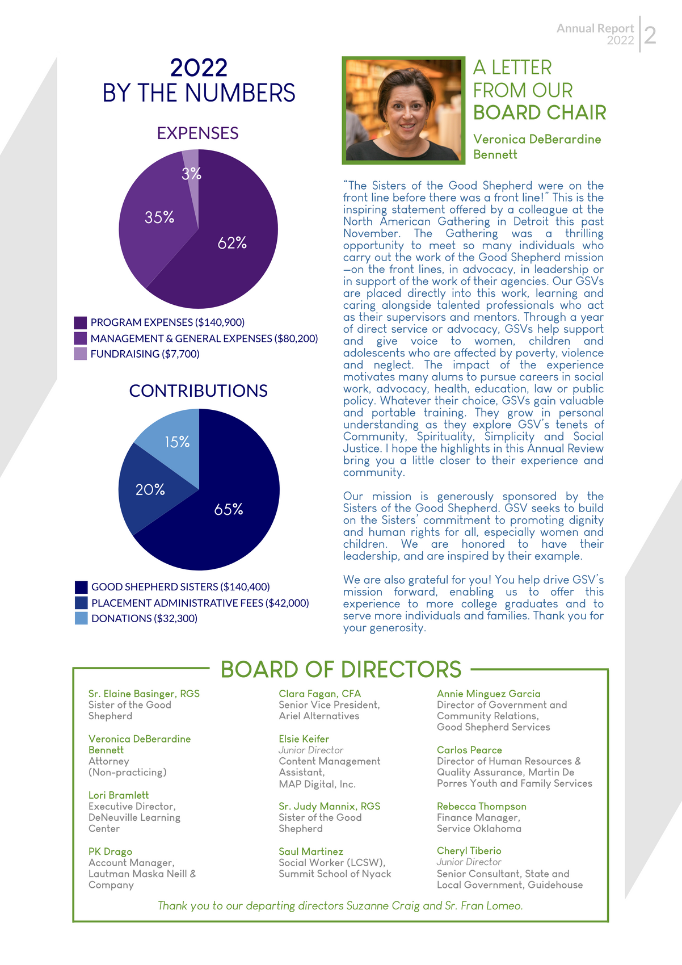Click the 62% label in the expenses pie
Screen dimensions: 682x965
tap(232, 243)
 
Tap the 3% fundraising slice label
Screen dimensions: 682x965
tap(191, 174)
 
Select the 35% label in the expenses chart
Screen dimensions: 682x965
tap(159, 217)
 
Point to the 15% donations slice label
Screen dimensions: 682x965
tap(177, 442)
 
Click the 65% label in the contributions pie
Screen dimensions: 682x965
tap(229, 510)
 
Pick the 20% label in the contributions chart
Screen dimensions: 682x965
tap(150, 489)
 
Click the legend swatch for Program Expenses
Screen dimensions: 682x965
tap(81, 323)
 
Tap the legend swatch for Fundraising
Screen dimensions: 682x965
tap(81, 354)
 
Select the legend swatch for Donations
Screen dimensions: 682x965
tap(81, 619)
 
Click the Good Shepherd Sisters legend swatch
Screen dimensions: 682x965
tap(81, 587)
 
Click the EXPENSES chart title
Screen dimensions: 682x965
tap(197, 133)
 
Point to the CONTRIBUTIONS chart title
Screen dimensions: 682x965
tap(198, 391)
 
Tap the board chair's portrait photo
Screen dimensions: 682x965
tap(403, 110)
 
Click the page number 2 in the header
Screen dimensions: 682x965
tap(650, 35)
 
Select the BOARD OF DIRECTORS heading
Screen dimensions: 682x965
tap(340, 670)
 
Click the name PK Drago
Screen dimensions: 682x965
tap(110, 851)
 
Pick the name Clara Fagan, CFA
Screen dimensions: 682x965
tap(319, 694)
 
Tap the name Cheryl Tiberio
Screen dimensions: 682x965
tap(469, 851)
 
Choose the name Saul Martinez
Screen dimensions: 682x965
tap(311, 851)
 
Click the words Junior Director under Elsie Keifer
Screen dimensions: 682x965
tap(311, 750)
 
